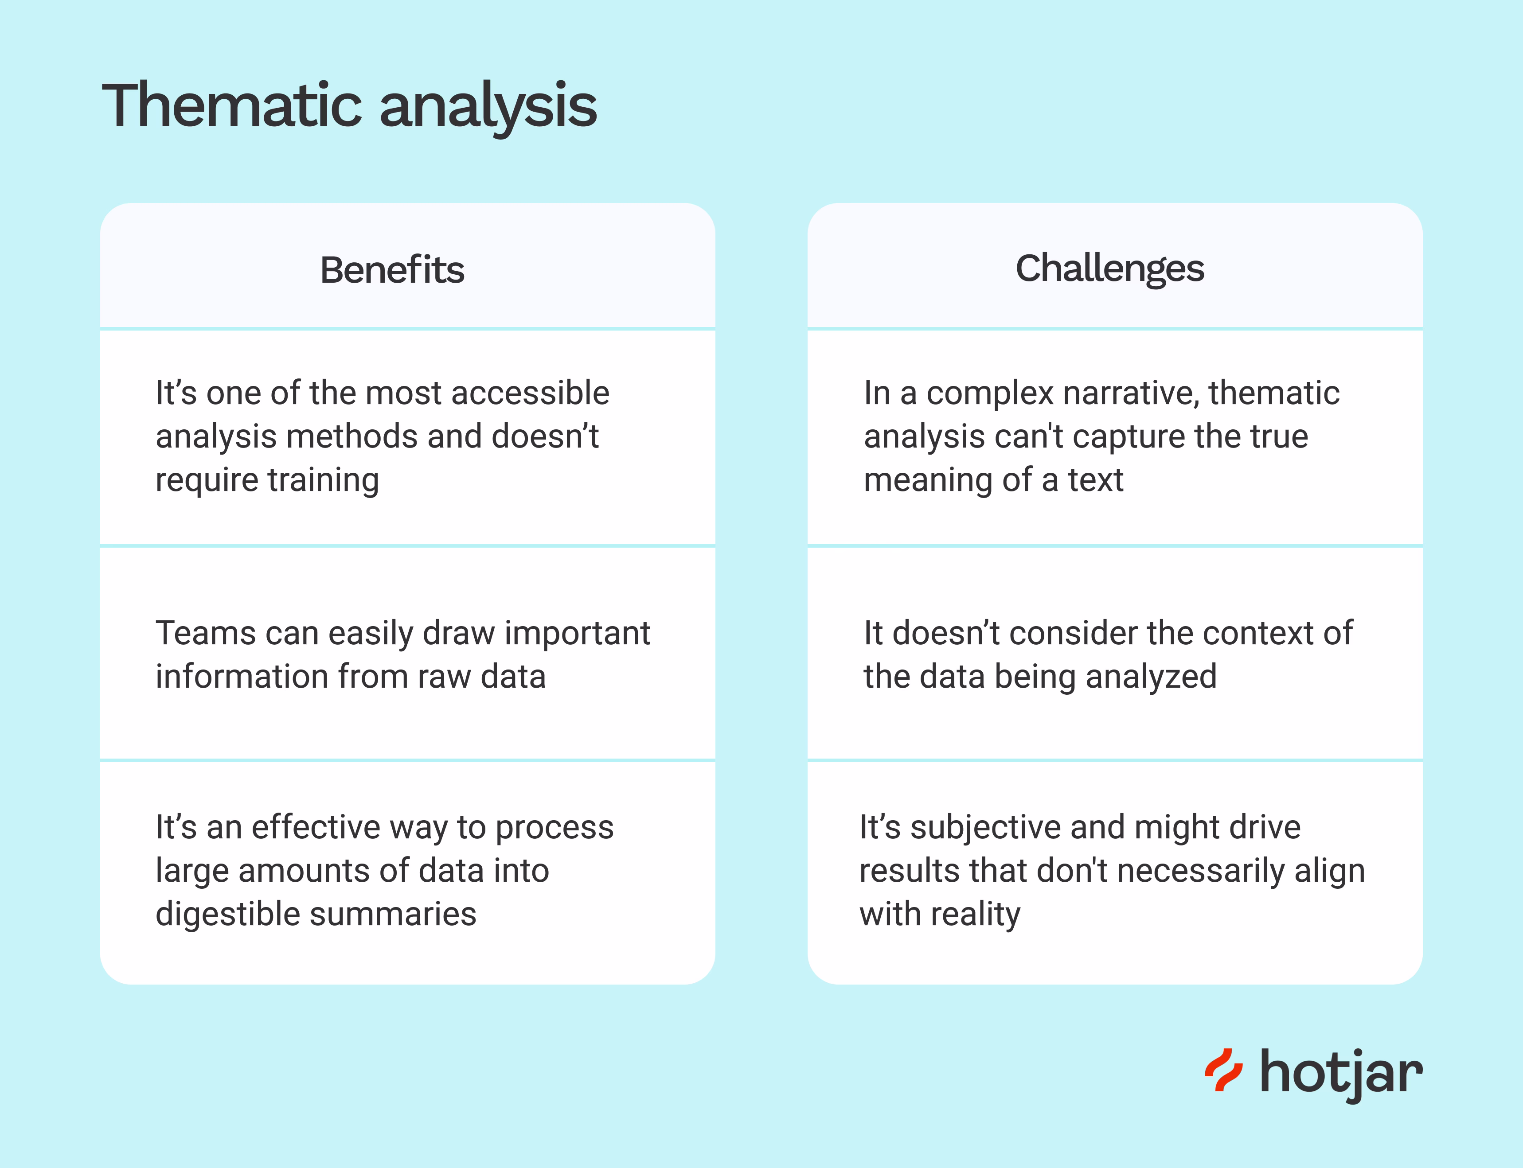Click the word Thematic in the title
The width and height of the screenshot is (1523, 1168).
(233, 105)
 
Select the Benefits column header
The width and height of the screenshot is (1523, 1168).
(391, 270)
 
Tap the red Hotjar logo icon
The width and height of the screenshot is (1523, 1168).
(1222, 1070)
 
